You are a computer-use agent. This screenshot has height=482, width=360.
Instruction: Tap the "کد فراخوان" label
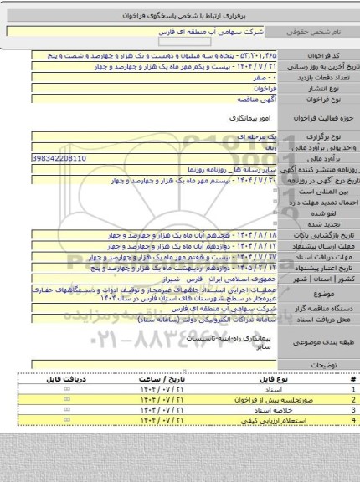pyautogui.click(x=332, y=52)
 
